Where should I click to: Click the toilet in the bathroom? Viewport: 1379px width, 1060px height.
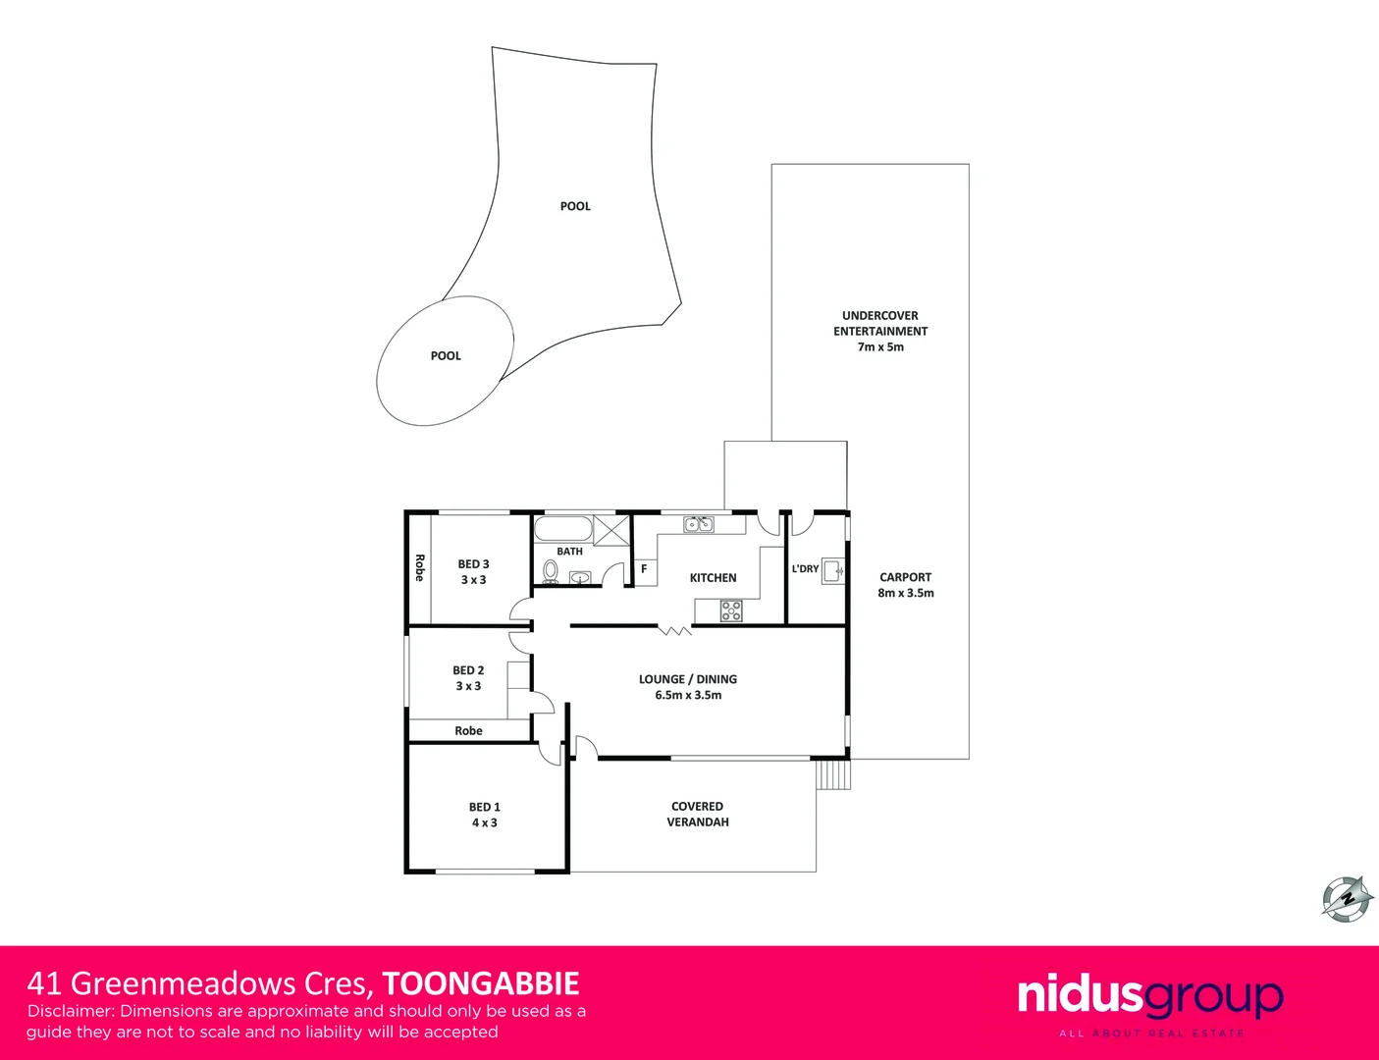click(x=550, y=571)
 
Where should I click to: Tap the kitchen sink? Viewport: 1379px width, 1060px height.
click(x=699, y=524)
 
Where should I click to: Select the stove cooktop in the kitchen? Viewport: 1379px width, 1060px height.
click(x=731, y=611)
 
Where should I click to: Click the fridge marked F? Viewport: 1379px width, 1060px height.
click(x=644, y=569)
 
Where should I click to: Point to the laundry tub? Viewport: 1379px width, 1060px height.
click(x=832, y=570)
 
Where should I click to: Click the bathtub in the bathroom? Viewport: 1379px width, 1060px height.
click(x=562, y=529)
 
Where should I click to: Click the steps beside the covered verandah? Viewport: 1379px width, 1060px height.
click(x=832, y=774)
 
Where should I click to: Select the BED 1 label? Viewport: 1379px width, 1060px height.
click(x=484, y=807)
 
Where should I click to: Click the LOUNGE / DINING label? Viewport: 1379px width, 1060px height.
click(x=687, y=679)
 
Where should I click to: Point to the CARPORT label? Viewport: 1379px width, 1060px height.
click(x=905, y=577)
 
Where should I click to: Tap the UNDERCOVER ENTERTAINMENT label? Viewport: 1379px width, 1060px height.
click(x=880, y=323)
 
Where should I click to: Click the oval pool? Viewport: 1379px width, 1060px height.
click(x=446, y=359)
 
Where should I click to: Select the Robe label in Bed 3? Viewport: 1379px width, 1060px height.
click(x=420, y=567)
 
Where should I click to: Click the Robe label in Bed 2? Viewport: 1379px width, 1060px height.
click(x=468, y=730)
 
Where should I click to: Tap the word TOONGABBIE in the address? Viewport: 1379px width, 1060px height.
click(x=481, y=983)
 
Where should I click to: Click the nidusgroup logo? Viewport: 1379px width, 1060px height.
click(x=1149, y=997)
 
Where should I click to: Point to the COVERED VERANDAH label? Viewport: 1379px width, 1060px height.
click(x=697, y=814)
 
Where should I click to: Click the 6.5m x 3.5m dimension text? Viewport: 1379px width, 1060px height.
click(x=688, y=695)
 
